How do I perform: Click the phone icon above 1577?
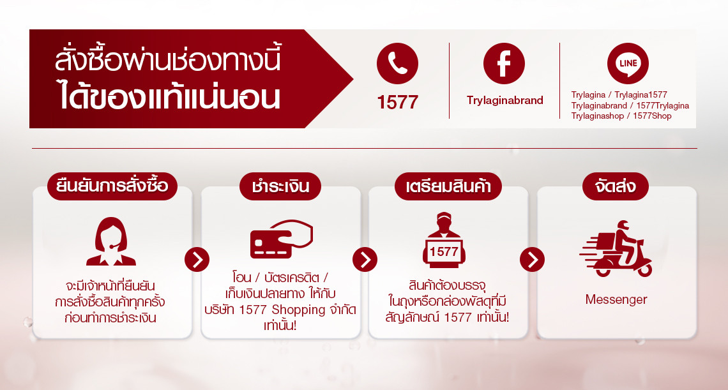click(397, 64)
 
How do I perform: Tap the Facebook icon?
click(504, 64)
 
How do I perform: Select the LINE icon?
click(628, 64)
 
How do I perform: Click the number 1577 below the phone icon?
click(397, 102)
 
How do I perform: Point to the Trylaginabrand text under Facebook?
click(505, 100)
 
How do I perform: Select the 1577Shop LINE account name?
click(652, 116)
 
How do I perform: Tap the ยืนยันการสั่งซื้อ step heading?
click(112, 186)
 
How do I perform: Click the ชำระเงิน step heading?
click(280, 186)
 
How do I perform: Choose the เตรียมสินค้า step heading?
click(448, 186)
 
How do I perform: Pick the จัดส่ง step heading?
click(616, 186)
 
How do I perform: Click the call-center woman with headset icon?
click(111, 241)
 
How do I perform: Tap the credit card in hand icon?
click(282, 239)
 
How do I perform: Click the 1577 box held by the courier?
click(444, 251)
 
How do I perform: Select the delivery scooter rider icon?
click(616, 248)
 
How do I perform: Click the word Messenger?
click(616, 299)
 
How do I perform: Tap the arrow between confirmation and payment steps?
click(197, 260)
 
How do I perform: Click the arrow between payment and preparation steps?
click(365, 260)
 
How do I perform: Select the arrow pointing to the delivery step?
click(532, 260)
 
